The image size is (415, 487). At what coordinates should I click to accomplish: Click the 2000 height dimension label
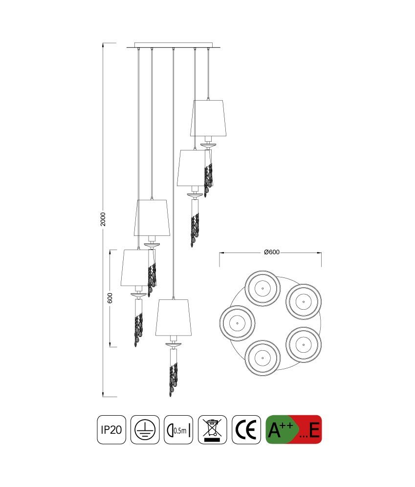coord(103,219)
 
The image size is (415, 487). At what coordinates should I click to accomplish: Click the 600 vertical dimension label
coord(109,298)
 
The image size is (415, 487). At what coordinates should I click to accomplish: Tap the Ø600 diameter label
coord(272,252)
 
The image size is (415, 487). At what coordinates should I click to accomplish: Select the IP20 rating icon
coord(111,429)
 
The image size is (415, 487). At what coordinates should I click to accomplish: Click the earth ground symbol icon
coord(145,429)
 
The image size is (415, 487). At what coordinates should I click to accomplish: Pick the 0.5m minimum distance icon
coord(178,429)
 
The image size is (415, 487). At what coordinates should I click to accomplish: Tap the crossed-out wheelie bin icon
coord(212,429)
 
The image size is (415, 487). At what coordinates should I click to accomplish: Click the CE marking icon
coord(246,429)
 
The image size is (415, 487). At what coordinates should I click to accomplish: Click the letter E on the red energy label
coord(314,430)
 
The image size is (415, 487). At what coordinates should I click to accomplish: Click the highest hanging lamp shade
coord(208,118)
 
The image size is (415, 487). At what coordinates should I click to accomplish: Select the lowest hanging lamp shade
coord(173,318)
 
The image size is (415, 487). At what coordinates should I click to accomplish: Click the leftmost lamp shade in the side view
coord(135,267)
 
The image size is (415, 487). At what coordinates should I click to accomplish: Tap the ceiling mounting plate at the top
coord(174,45)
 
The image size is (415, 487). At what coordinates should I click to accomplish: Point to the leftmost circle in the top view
coord(237,323)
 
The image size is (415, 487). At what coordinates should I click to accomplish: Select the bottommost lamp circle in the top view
coord(262,358)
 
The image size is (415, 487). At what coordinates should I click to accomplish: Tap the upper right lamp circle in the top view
coord(304,301)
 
